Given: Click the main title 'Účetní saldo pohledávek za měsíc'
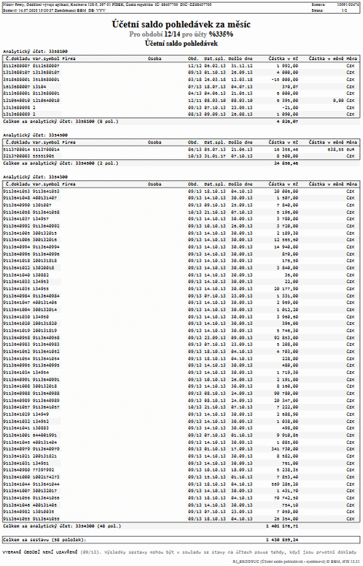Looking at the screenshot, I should click(181, 25).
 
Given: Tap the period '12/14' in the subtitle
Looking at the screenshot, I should click(172, 34).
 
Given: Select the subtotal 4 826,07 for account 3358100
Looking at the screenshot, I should click(287, 121).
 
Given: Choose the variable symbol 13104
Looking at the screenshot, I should click(39, 86).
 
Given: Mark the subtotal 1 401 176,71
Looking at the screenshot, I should click(283, 525).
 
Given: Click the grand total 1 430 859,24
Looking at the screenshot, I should click(283, 539).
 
